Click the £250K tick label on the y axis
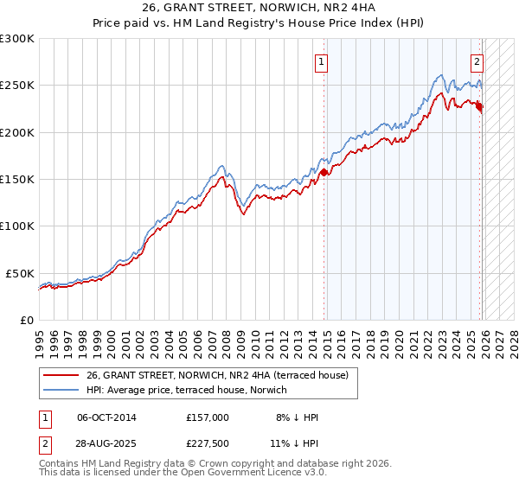[17, 86]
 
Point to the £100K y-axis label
[17, 226]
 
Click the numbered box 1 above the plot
[321, 61]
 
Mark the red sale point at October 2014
[324, 172]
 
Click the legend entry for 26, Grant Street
[216, 375]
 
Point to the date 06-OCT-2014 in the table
[106, 417]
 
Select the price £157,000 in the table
[207, 417]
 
